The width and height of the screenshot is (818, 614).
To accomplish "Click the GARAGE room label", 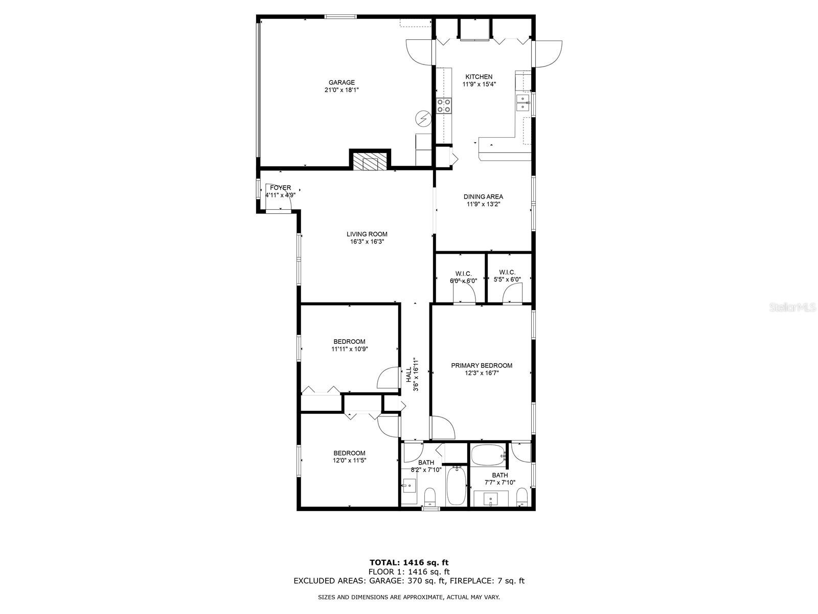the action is point(342,82).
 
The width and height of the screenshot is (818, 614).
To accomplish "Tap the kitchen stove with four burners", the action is point(444,105).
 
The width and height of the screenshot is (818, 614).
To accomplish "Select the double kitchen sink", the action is point(523,103).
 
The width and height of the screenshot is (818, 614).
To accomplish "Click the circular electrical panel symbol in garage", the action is point(423,119).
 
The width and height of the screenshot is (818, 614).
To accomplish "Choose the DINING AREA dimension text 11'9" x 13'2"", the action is point(483,204).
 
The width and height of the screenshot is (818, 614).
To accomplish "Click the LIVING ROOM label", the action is point(367,234).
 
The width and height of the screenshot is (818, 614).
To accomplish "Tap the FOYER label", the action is point(280,187).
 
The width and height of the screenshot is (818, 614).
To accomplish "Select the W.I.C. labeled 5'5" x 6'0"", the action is point(507,275).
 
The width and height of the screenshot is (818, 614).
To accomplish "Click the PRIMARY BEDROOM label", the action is point(482,365).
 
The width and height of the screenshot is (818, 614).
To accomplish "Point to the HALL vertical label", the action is point(409,375).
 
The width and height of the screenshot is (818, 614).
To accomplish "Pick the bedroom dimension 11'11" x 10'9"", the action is point(350,349).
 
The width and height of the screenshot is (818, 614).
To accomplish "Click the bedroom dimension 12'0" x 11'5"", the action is point(350,461).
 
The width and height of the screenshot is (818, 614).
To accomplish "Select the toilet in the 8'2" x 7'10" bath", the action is point(430,496).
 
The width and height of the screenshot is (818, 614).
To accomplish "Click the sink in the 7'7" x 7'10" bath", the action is point(491,499).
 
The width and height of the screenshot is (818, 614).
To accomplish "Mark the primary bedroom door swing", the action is point(442,427).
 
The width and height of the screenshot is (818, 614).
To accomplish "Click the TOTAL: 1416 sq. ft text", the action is point(409,562).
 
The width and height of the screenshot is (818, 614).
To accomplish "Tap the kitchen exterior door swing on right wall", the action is point(547,54).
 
